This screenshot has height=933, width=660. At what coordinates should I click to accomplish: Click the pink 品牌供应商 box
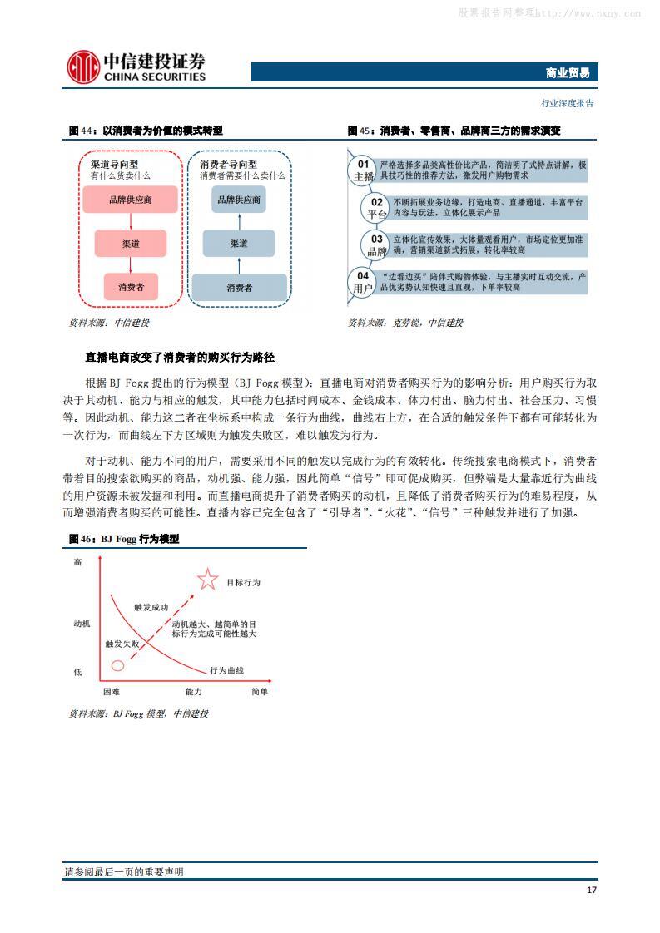point(130,200)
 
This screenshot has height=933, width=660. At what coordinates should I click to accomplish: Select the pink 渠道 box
point(130,244)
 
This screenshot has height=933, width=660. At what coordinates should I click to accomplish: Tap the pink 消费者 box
point(130,287)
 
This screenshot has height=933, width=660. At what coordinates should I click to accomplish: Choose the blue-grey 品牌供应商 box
point(239,200)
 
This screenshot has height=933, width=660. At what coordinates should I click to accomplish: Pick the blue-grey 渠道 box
point(239,244)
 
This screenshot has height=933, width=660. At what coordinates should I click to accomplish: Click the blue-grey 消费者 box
point(239,287)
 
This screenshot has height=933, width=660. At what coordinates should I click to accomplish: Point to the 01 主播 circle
point(363,170)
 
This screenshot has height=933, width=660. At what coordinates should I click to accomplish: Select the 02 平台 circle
point(376,208)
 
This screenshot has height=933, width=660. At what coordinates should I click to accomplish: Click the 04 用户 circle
point(363,282)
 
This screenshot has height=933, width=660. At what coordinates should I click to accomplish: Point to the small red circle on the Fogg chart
point(117,665)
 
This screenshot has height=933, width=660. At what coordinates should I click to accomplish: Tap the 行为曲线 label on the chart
point(226,670)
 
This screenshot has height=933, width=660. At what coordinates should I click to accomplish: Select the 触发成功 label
point(151,607)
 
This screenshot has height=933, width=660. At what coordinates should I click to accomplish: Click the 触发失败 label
point(122,644)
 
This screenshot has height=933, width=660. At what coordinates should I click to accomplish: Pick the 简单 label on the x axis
point(259,691)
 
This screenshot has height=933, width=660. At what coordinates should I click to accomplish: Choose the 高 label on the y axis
point(77,563)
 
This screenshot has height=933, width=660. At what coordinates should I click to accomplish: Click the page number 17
point(591,890)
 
